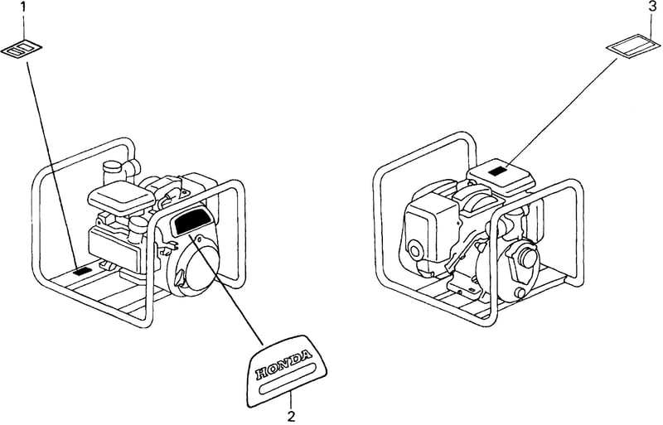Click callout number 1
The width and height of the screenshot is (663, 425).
pyautogui.click(x=24, y=7)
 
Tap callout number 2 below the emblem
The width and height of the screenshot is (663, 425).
pyautogui.click(x=292, y=416)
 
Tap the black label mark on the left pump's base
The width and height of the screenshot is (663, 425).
pyautogui.click(x=82, y=272)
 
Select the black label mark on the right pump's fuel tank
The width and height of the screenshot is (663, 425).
pyautogui.click(x=498, y=171)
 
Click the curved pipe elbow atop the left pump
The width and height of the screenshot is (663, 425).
pyautogui.click(x=131, y=168)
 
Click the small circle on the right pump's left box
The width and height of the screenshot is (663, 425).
pyautogui.click(x=416, y=252)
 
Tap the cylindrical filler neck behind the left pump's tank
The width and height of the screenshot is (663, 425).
pyautogui.click(x=111, y=172)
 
